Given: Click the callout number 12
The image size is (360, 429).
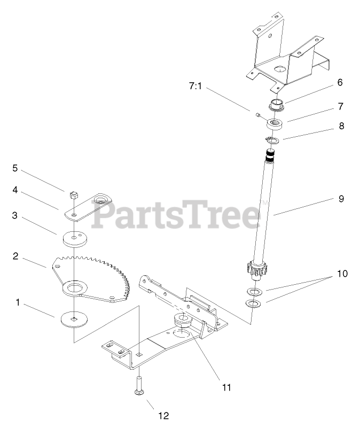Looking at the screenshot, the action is (x=163, y=414).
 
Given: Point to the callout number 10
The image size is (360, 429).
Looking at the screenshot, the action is (x=342, y=274).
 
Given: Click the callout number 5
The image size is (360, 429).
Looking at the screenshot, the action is (x=15, y=168).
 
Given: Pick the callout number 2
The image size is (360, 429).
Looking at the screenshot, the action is (x=16, y=256).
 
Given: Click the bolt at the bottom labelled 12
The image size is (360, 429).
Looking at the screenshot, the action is (x=138, y=384).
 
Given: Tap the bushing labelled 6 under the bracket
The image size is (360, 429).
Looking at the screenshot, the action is (x=277, y=104).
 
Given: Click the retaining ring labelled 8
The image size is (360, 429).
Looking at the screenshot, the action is (x=273, y=140).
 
